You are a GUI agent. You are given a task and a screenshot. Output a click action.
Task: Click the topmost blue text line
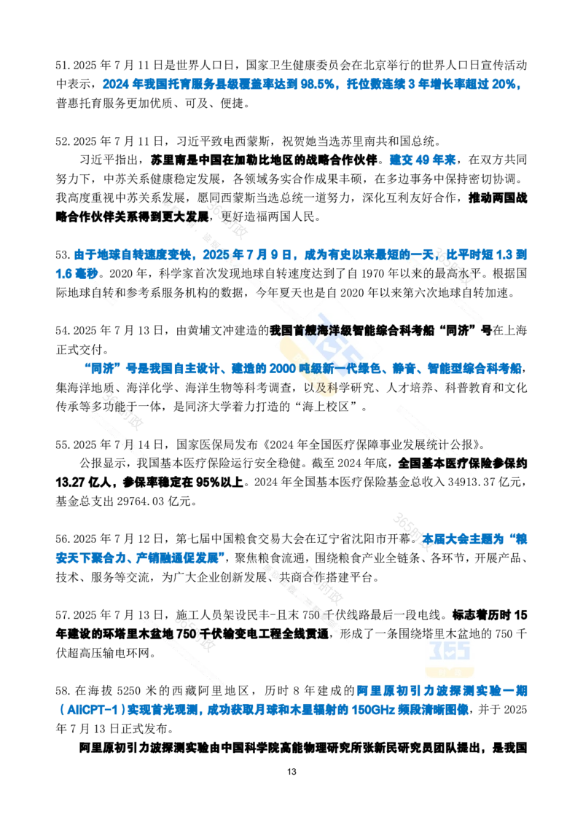[312, 85]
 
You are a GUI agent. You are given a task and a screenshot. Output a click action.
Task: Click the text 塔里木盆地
[450, 633]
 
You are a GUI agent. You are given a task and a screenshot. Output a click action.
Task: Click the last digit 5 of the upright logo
[464, 650]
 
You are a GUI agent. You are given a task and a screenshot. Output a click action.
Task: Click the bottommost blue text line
[266, 709]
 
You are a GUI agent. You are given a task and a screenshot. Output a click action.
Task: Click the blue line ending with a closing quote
[138, 558]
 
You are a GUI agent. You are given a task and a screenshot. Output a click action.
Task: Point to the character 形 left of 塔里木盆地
[348, 634]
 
